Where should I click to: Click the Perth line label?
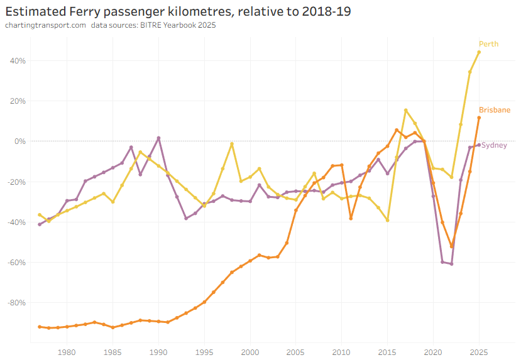tap(488, 44)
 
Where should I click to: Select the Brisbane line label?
tap(494, 110)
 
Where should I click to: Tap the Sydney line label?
tap(494, 145)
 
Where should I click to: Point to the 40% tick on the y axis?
tap(17, 61)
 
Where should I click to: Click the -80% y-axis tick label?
tap(16, 302)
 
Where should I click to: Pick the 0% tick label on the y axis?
tap(19, 141)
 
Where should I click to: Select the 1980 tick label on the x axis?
tap(67, 352)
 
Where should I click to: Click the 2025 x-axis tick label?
tap(479, 352)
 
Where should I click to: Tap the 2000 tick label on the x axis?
tap(250, 352)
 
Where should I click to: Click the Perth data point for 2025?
tap(479, 52)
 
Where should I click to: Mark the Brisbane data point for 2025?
tap(479, 117)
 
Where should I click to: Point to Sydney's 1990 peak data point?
tap(158, 138)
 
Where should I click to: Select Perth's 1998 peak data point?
tap(232, 144)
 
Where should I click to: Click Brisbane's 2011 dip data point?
tap(351, 218)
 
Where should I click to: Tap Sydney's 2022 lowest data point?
tap(451, 264)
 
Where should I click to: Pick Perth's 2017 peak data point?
tap(405, 111)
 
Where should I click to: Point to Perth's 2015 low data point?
tap(387, 220)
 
